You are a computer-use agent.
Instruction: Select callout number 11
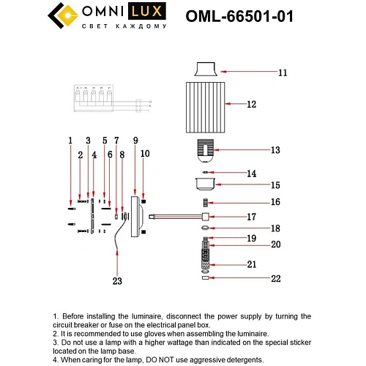pyautogui.click(x=262, y=72)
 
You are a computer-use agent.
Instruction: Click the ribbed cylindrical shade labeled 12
pyautogui.click(x=204, y=105)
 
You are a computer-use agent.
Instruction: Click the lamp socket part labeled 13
pyautogui.click(x=205, y=151)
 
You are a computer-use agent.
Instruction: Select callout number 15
pyautogui.click(x=254, y=185)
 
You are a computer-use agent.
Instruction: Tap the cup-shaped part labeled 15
pyautogui.click(x=205, y=183)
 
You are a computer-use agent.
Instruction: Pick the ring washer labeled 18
pyautogui.click(x=205, y=228)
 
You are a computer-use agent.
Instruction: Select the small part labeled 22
pyautogui.click(x=205, y=277)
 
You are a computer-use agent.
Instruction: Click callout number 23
pyautogui.click(x=116, y=279)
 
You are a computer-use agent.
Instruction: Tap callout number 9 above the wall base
pyautogui.click(x=135, y=139)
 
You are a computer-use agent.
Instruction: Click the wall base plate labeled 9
pyautogui.click(x=135, y=216)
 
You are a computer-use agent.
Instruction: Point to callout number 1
pyautogui.click(x=70, y=139)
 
